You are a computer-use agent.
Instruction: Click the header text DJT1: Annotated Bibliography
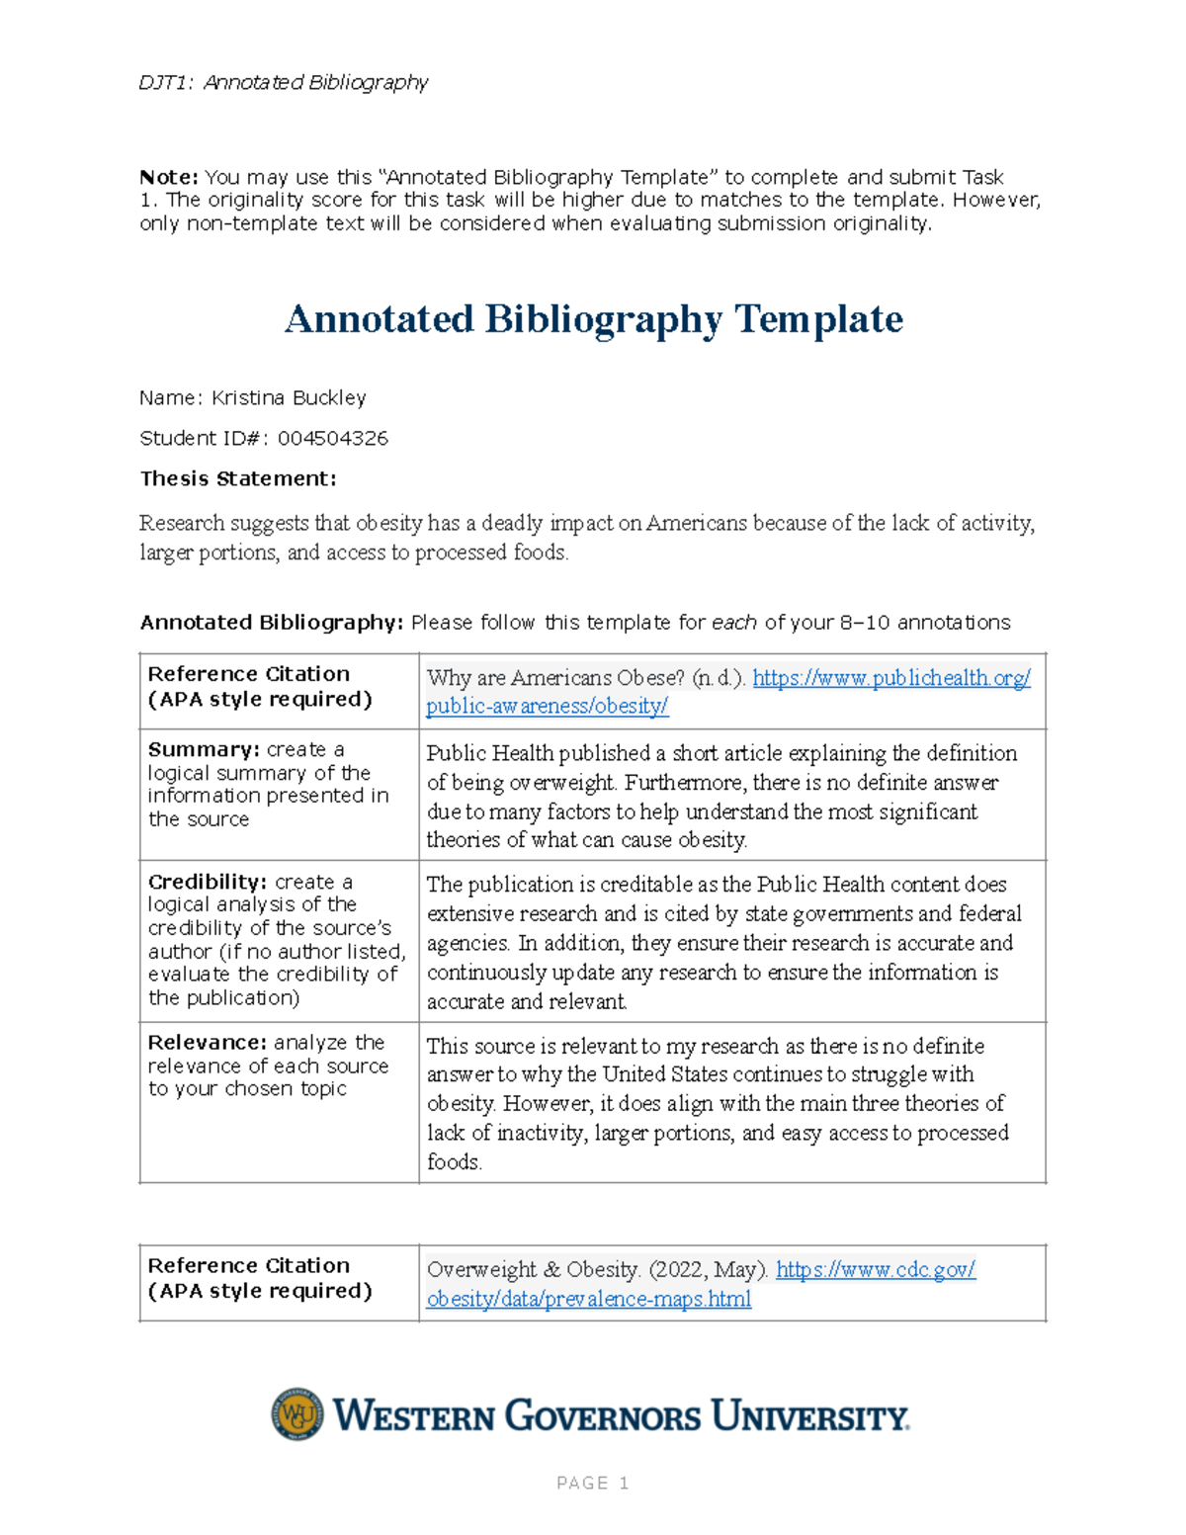[283, 82]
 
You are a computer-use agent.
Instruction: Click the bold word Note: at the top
[169, 177]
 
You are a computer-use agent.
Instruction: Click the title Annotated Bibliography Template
[593, 319]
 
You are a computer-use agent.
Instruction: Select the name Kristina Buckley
[289, 397]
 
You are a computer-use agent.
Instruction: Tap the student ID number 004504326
[332, 438]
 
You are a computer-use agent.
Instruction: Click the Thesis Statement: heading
[238, 478]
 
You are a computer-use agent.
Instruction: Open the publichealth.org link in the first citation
[890, 678]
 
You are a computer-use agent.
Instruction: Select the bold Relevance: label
[207, 1042]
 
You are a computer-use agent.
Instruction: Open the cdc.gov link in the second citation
[875, 1269]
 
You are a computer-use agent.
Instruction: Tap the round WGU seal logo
[297, 1414]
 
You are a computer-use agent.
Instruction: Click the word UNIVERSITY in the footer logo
[809, 1416]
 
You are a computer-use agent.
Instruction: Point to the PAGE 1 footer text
[593, 1483]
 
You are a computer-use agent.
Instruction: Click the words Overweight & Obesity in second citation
[533, 1269]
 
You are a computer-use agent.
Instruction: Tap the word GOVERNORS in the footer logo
[603, 1416]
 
